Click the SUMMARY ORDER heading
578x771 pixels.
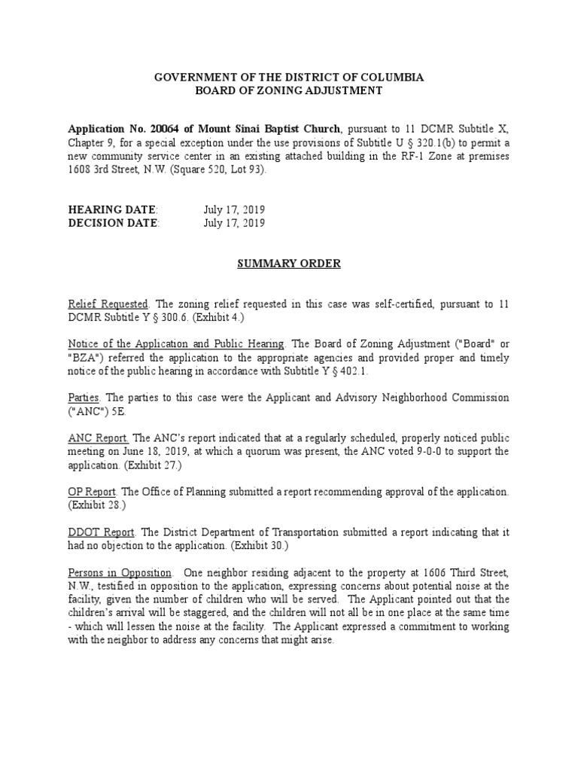click(289, 264)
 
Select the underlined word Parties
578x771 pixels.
click(84, 397)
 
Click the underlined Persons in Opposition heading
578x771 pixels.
click(120, 573)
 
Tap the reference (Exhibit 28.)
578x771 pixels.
click(98, 505)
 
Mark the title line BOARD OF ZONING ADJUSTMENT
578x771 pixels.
click(289, 91)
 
